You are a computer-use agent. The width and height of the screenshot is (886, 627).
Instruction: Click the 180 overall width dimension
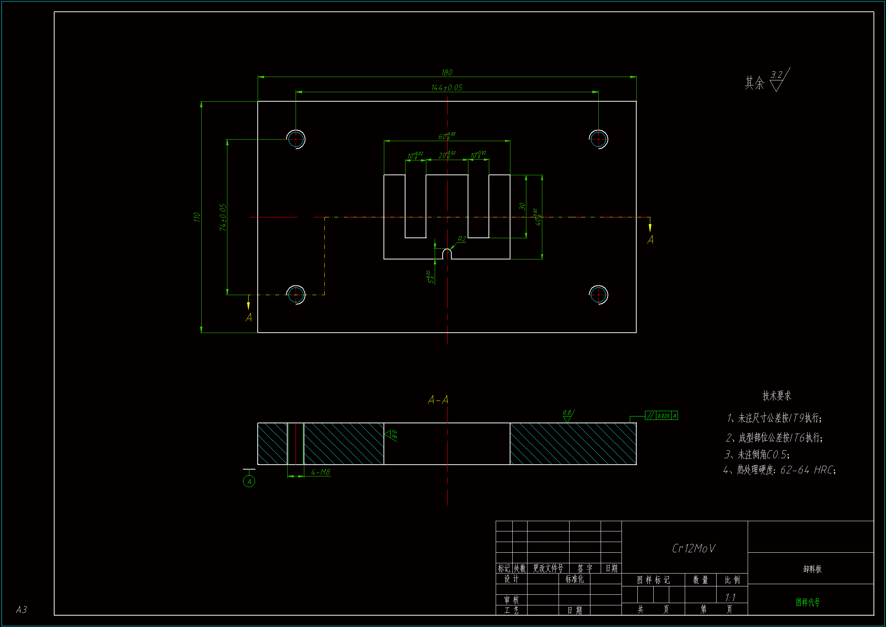(446, 72)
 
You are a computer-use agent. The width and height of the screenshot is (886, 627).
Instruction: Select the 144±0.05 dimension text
(446, 88)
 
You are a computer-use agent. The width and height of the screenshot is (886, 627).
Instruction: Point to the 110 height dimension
(197, 217)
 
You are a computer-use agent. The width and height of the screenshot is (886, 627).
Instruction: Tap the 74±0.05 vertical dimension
(223, 217)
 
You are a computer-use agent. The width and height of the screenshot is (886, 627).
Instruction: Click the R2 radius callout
(462, 239)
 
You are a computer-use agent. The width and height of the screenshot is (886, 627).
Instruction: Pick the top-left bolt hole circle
(296, 139)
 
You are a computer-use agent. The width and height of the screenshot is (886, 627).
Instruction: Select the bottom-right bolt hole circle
(598, 295)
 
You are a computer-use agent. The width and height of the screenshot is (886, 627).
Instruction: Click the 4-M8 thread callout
(320, 472)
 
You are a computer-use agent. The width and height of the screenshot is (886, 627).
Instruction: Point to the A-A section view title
(438, 400)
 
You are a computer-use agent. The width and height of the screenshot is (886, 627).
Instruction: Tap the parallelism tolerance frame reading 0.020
(661, 416)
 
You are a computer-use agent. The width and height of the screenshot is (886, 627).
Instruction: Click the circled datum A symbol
(249, 481)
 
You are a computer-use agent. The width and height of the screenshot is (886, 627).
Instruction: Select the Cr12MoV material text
(693, 548)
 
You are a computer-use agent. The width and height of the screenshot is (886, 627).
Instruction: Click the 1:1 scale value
(730, 598)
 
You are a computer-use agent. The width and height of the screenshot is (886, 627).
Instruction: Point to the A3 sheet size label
(21, 610)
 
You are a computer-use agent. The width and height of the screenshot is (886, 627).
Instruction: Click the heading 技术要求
(776, 396)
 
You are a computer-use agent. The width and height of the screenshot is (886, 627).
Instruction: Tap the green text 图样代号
(807, 602)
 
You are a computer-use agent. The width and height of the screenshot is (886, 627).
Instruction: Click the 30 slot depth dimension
(522, 206)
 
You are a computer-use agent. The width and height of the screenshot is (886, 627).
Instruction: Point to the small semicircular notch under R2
(447, 254)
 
